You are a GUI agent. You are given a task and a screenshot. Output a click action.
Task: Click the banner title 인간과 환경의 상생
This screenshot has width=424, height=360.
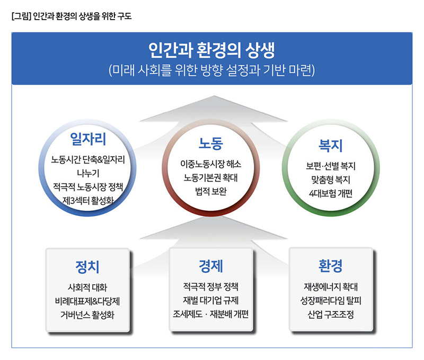(211, 50)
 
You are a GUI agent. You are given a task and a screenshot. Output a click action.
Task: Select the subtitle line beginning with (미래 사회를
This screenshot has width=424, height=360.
(211, 70)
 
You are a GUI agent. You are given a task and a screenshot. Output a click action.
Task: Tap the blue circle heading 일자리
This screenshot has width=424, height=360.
(88, 139)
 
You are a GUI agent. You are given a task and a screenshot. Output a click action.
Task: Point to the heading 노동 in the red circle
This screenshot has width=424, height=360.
(210, 143)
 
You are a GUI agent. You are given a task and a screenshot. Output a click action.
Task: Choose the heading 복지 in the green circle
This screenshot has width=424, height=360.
(330, 146)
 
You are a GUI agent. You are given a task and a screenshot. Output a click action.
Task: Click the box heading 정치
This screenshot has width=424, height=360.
(87, 267)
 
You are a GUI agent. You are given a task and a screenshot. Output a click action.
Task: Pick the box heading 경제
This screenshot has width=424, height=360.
(210, 266)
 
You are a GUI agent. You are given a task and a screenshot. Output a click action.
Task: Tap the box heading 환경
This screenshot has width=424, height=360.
(330, 266)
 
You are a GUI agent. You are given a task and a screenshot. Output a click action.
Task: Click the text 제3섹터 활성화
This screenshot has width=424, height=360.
(88, 201)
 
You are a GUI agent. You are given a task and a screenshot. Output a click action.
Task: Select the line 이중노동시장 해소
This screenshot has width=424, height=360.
(210, 164)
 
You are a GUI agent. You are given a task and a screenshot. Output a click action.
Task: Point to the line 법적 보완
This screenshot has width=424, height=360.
(210, 191)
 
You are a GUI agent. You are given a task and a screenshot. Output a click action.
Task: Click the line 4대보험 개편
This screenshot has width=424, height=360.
(330, 193)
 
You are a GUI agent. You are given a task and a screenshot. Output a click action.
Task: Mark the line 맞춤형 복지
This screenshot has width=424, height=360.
(330, 179)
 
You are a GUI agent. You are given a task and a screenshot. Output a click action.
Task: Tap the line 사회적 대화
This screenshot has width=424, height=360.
(87, 287)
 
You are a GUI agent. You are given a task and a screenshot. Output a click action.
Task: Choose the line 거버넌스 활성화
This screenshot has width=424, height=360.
(87, 315)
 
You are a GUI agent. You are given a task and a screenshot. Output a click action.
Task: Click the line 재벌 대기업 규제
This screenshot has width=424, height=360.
(210, 300)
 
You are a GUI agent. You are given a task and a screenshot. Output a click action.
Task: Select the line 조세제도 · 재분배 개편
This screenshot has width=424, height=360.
(210, 314)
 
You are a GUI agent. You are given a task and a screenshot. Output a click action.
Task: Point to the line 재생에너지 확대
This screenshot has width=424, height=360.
(330, 286)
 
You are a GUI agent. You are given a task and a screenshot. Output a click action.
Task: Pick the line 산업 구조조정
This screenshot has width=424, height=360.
(330, 314)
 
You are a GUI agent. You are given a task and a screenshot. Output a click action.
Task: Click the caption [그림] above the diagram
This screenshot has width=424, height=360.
(21, 16)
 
